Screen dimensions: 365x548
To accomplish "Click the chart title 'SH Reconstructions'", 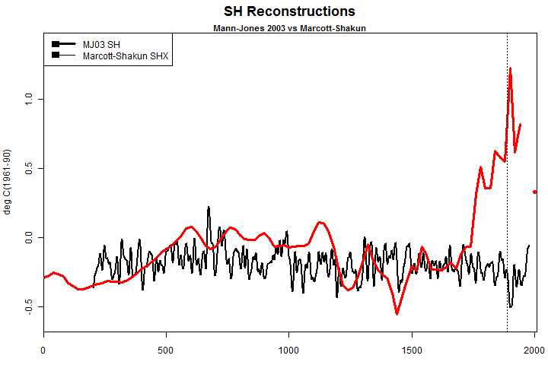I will (289, 11).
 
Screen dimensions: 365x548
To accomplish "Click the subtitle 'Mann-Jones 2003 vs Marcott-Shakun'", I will (289, 28).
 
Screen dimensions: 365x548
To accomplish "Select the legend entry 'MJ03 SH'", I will (100, 43).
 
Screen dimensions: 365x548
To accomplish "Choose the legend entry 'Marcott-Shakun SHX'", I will (125, 55).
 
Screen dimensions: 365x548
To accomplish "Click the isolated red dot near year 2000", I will (534, 192).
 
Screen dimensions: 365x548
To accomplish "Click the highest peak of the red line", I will (510, 68).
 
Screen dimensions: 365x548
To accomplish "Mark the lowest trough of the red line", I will (397, 313).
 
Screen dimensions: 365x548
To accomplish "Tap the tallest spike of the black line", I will (208, 207).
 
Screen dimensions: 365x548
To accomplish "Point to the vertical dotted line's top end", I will (507, 35).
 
